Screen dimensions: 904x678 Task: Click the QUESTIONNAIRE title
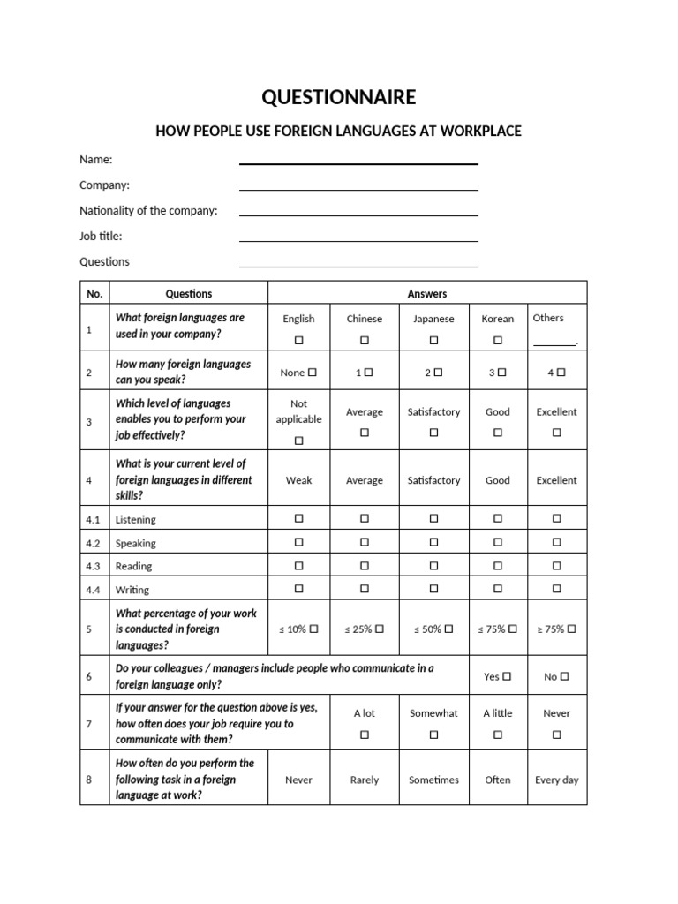[x=338, y=97]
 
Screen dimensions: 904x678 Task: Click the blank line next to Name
[x=358, y=162]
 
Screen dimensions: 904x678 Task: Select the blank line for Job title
[x=358, y=240]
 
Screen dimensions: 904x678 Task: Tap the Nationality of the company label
[x=148, y=211]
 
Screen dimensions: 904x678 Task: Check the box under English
[x=298, y=340]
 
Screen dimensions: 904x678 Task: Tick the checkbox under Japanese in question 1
[x=433, y=340]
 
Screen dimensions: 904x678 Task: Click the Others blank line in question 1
[x=554, y=343]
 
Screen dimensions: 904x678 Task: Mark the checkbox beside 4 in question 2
[x=561, y=373]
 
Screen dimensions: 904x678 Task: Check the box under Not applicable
[x=298, y=440]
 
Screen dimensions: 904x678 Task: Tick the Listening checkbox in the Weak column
[x=298, y=518]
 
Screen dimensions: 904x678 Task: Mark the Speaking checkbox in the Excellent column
[x=556, y=542]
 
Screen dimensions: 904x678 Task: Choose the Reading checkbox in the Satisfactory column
[x=433, y=565]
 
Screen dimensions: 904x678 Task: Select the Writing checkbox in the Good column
[x=498, y=588]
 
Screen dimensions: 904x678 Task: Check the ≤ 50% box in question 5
[x=449, y=629]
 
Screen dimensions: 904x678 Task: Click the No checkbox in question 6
[x=564, y=676]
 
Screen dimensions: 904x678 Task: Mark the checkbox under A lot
[x=364, y=734]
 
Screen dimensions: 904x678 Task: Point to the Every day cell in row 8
[x=556, y=780]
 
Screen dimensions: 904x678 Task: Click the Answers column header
[x=427, y=294]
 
